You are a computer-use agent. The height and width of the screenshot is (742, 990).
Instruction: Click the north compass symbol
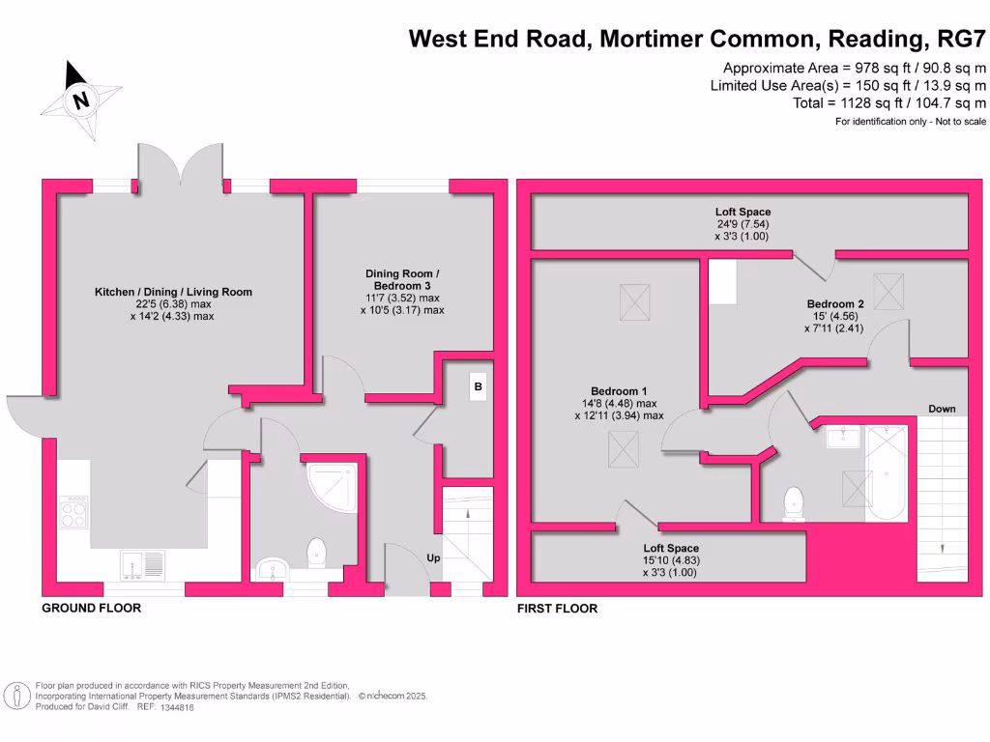click(x=81, y=99)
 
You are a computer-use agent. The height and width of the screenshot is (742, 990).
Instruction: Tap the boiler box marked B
click(x=477, y=387)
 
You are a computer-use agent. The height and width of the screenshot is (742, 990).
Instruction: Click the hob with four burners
click(x=74, y=511)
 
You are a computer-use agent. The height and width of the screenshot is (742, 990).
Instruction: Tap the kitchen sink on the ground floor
click(x=142, y=562)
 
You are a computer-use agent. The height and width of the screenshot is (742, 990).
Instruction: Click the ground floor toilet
click(x=316, y=554)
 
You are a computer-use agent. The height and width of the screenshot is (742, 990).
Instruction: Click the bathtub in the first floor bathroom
click(x=886, y=473)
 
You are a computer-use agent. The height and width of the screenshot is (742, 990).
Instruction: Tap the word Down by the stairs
click(x=942, y=409)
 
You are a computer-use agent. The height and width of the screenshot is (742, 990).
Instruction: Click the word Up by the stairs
click(x=434, y=558)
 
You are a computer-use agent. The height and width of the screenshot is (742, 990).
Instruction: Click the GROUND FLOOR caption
click(x=91, y=608)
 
